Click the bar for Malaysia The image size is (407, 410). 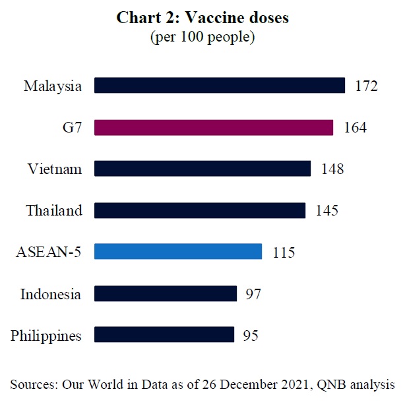220,86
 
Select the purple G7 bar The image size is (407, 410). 214,127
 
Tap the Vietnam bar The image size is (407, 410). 203,169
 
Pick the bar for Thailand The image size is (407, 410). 200,210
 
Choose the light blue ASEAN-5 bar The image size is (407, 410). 178,252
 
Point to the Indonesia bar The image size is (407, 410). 166,293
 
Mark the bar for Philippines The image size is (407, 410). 164,335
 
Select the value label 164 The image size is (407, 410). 355,128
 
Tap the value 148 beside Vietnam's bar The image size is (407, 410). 332,169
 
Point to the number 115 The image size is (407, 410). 284,252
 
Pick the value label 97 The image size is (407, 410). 253,294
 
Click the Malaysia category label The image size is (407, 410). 53,86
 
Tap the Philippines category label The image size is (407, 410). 46,336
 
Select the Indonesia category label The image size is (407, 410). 50,294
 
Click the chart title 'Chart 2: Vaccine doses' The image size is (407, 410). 203,18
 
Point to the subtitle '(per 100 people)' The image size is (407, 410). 203,37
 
